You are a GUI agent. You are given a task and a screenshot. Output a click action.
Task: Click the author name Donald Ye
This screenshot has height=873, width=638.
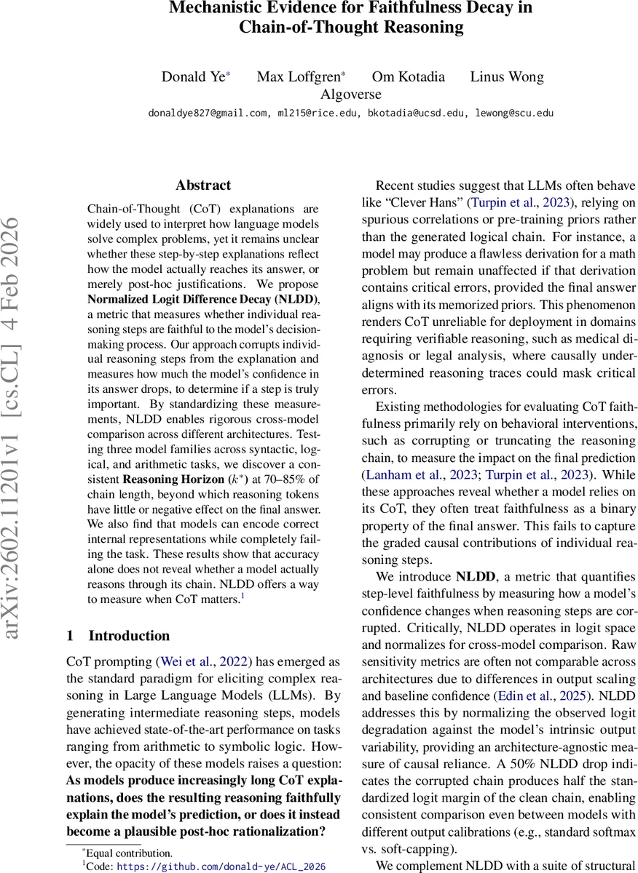point(194,77)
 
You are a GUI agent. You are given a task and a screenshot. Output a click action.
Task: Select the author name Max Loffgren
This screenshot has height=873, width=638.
point(299,77)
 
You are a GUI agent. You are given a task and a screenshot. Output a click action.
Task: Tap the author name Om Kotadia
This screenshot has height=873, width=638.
point(408,77)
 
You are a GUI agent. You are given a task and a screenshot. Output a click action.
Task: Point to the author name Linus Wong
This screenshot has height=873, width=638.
point(507,77)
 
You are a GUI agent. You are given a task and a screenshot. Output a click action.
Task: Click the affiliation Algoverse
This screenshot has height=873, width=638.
point(351,94)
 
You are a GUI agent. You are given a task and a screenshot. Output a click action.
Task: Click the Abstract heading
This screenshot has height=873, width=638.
point(203,186)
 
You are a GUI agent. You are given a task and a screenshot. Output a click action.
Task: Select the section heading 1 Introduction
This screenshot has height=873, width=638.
point(118,636)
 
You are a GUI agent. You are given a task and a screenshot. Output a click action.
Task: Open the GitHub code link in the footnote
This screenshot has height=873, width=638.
point(221,866)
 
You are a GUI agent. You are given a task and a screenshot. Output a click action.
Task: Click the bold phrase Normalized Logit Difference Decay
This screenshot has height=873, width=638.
point(192,299)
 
